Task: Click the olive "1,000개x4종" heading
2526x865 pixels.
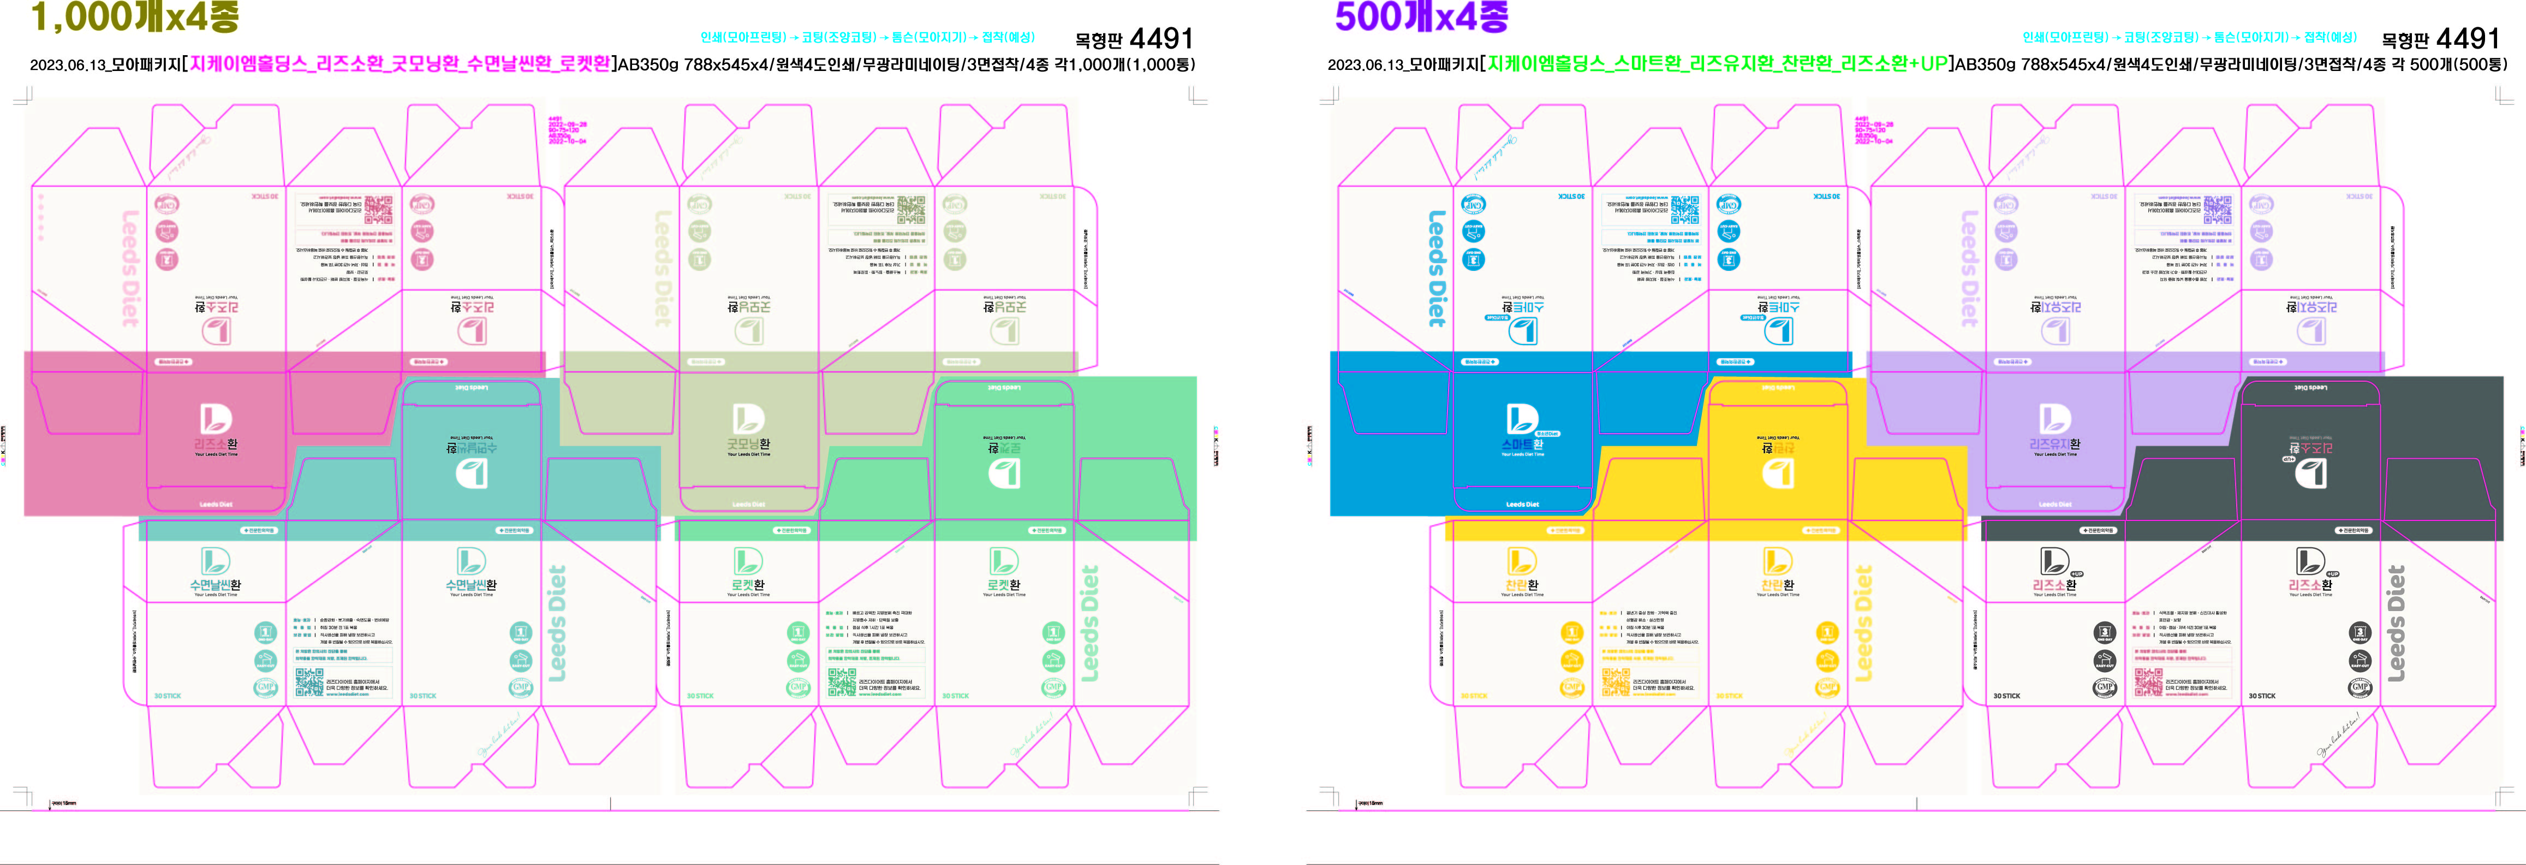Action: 135,17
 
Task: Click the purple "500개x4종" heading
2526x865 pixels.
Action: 1422,17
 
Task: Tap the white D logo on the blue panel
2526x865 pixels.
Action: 1521,419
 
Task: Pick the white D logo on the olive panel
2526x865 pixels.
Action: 748,419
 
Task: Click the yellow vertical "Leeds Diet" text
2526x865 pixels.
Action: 1864,624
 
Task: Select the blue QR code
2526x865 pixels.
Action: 1685,210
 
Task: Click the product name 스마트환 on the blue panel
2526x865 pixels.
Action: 1521,445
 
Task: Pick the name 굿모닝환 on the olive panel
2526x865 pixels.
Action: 748,445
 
